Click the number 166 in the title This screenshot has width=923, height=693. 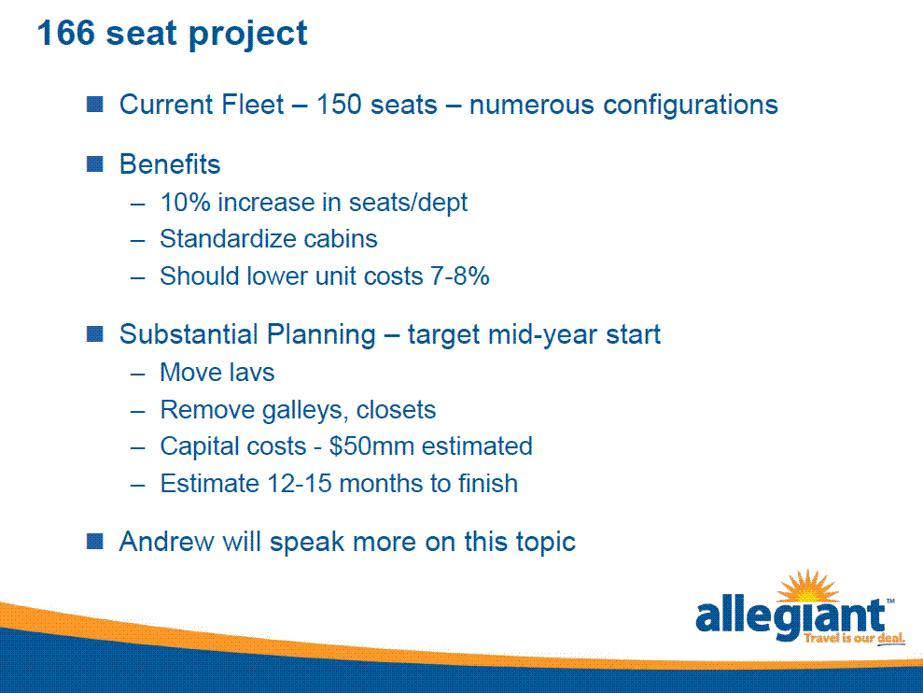tap(65, 33)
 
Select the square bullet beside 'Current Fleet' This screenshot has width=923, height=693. tap(95, 105)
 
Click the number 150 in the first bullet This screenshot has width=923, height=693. tap(339, 105)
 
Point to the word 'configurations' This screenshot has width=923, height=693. tap(691, 106)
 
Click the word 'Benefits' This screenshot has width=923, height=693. tap(170, 163)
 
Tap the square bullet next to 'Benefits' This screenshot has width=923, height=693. tap(95, 163)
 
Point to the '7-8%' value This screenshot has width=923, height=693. tap(460, 276)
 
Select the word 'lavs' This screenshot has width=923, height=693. tap(252, 373)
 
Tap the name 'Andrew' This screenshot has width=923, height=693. tap(166, 542)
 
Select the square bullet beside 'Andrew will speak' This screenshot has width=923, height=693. tap(95, 541)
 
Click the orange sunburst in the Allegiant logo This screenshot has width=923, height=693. tap(807, 587)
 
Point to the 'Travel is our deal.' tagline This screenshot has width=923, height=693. tap(855, 638)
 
